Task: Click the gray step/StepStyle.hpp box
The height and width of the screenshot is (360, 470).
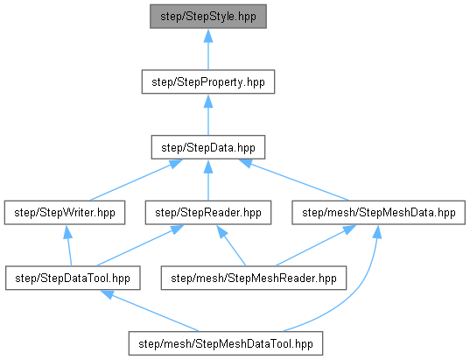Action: tap(208, 17)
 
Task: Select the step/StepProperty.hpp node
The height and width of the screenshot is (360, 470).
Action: tap(208, 82)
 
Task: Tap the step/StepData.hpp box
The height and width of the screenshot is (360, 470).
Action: tap(208, 147)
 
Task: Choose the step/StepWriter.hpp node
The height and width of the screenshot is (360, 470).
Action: tap(65, 213)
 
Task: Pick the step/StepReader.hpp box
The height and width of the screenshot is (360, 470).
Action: tap(208, 213)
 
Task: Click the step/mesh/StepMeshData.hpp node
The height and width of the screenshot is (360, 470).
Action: tap(379, 213)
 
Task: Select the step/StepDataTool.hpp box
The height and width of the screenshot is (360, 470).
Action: tap(73, 278)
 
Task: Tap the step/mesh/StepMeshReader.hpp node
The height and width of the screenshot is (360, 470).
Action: tap(254, 278)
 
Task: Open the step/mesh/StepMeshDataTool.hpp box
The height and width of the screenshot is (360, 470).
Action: tap(226, 343)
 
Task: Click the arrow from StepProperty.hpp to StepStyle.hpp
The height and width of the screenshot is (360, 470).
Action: tap(208, 50)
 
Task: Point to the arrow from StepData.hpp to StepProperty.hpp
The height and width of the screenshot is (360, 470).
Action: tap(208, 115)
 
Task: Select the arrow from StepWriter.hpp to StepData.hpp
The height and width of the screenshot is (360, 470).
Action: tap(136, 180)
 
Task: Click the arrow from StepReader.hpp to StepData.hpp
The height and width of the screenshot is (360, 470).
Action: tap(208, 180)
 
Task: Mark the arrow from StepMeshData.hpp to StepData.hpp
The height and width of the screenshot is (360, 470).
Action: tap(294, 180)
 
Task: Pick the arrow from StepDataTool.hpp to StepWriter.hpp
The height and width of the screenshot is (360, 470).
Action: tap(69, 246)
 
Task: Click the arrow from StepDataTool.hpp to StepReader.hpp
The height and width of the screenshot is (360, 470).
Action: tap(140, 246)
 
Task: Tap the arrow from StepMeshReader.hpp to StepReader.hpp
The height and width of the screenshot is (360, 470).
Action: tap(231, 246)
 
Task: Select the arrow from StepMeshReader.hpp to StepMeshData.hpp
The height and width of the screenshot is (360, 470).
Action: tap(315, 246)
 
